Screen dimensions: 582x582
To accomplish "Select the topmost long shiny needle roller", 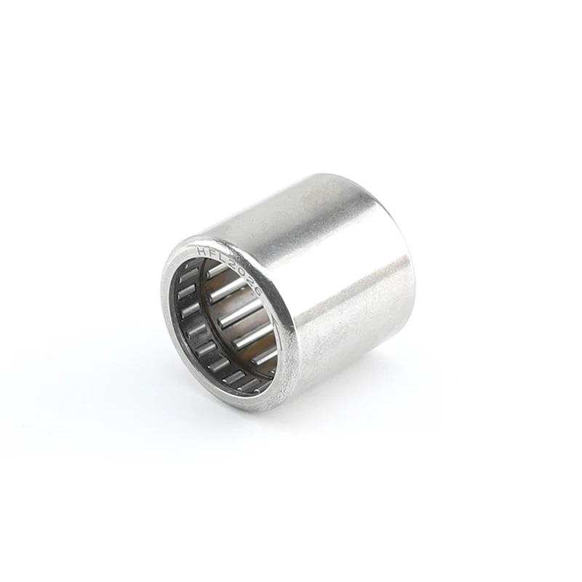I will pos(217,271).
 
